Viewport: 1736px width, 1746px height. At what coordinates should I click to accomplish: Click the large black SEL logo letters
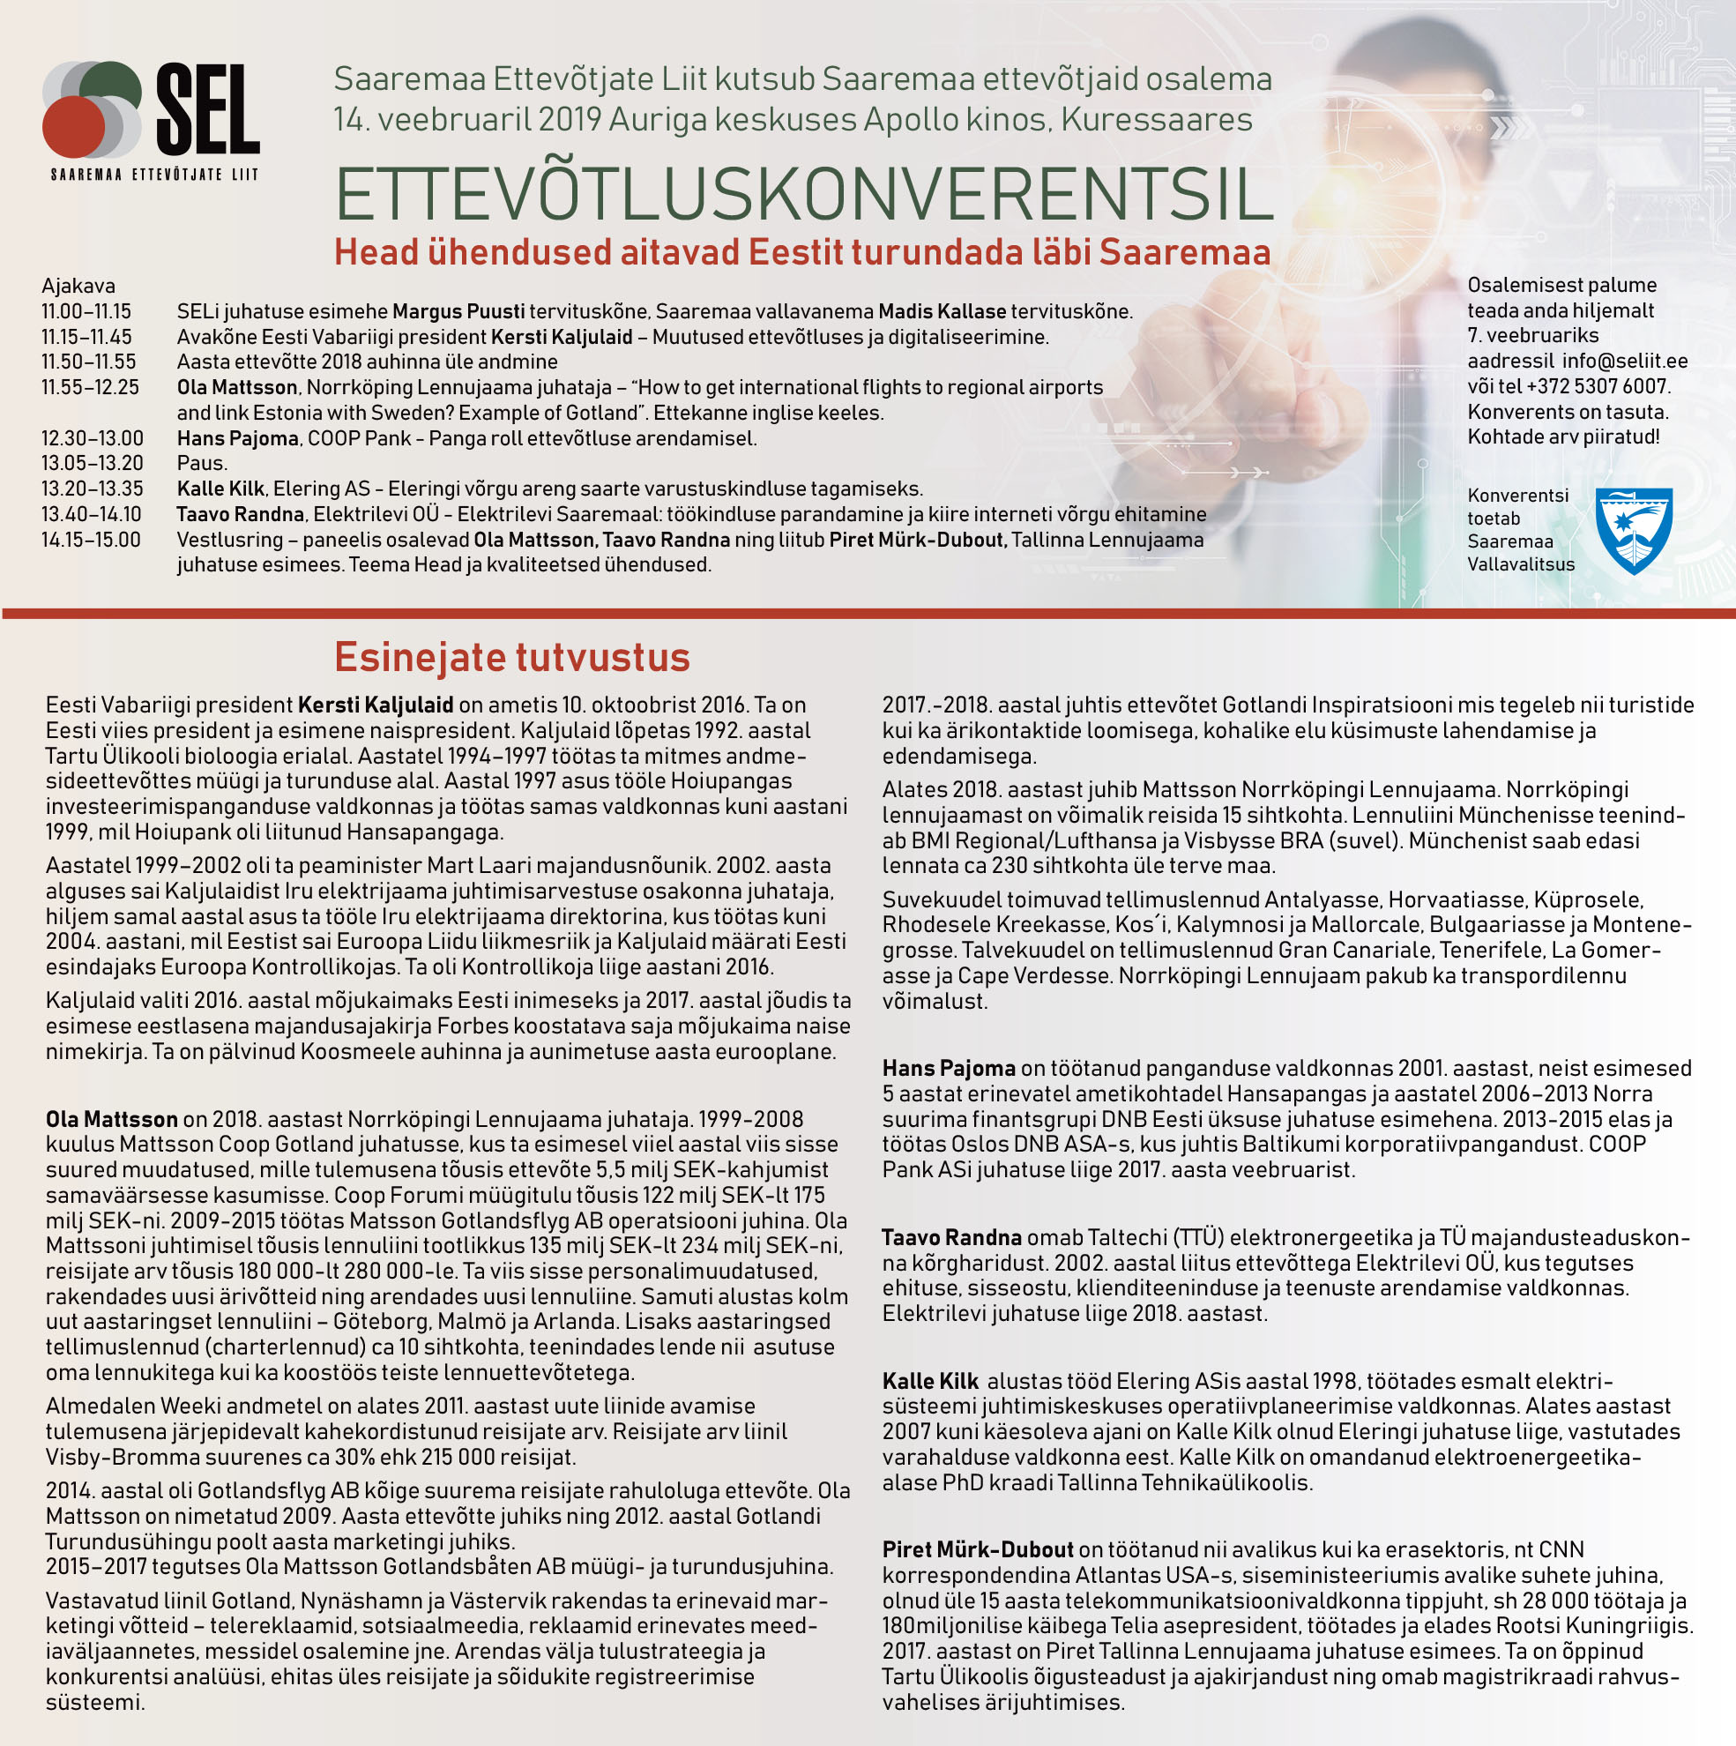[x=207, y=109]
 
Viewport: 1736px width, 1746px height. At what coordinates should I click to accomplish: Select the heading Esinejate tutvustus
[x=511, y=657]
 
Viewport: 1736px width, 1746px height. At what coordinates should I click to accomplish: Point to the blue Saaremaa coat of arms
[x=1634, y=530]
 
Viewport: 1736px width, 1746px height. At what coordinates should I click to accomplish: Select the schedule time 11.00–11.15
[x=86, y=312]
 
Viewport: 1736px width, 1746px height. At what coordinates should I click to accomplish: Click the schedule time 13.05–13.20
[x=93, y=464]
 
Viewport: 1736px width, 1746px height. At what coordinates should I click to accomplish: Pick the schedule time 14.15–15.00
[x=92, y=541]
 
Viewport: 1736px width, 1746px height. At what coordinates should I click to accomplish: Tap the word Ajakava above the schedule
[x=78, y=287]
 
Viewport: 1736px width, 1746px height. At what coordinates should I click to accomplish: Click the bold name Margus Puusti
[x=458, y=312]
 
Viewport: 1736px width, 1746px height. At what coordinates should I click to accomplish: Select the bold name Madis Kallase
[x=942, y=312]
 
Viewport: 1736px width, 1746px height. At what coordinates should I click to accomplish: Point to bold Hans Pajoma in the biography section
[x=949, y=1068]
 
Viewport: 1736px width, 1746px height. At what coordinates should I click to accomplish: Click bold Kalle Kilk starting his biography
[x=930, y=1381]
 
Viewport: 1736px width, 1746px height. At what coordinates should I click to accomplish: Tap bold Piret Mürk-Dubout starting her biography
[x=978, y=1550]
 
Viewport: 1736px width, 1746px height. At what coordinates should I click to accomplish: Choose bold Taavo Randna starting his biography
[x=951, y=1237]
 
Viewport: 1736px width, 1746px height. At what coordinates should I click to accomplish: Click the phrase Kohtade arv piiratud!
[x=1563, y=437]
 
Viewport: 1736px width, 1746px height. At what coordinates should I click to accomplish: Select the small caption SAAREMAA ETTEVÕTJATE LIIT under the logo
[x=153, y=175]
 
